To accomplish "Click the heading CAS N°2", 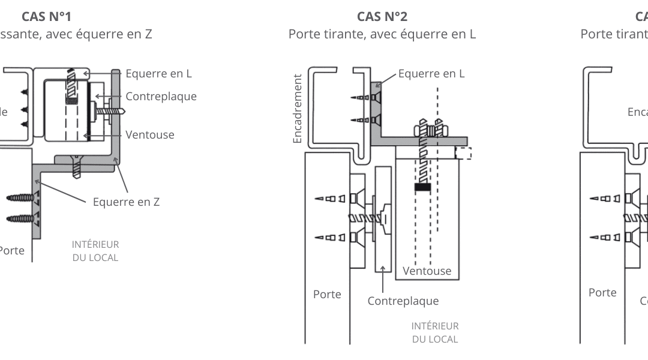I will point(382,16).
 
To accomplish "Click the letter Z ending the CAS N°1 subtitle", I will point(147,34).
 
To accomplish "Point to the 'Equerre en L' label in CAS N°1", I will point(158,74).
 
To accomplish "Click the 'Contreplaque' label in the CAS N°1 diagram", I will point(161,96).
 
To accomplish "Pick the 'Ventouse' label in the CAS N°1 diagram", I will point(150,134).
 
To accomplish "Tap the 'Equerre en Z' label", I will point(126,202).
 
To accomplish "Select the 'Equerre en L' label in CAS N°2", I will point(431,74).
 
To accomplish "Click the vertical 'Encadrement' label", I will point(297,113).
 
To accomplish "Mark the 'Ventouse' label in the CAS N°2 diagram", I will point(427,271).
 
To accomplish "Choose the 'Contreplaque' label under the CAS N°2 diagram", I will point(403,301).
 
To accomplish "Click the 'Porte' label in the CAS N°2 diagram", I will point(327,294).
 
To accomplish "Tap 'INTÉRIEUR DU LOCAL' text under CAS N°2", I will point(435,332).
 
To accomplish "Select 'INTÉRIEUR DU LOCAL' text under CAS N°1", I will point(95,251).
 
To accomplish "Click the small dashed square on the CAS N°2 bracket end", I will point(463,153).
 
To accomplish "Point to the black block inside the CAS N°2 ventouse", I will point(423,187).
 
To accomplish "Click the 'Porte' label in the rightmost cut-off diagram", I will point(602,292).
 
